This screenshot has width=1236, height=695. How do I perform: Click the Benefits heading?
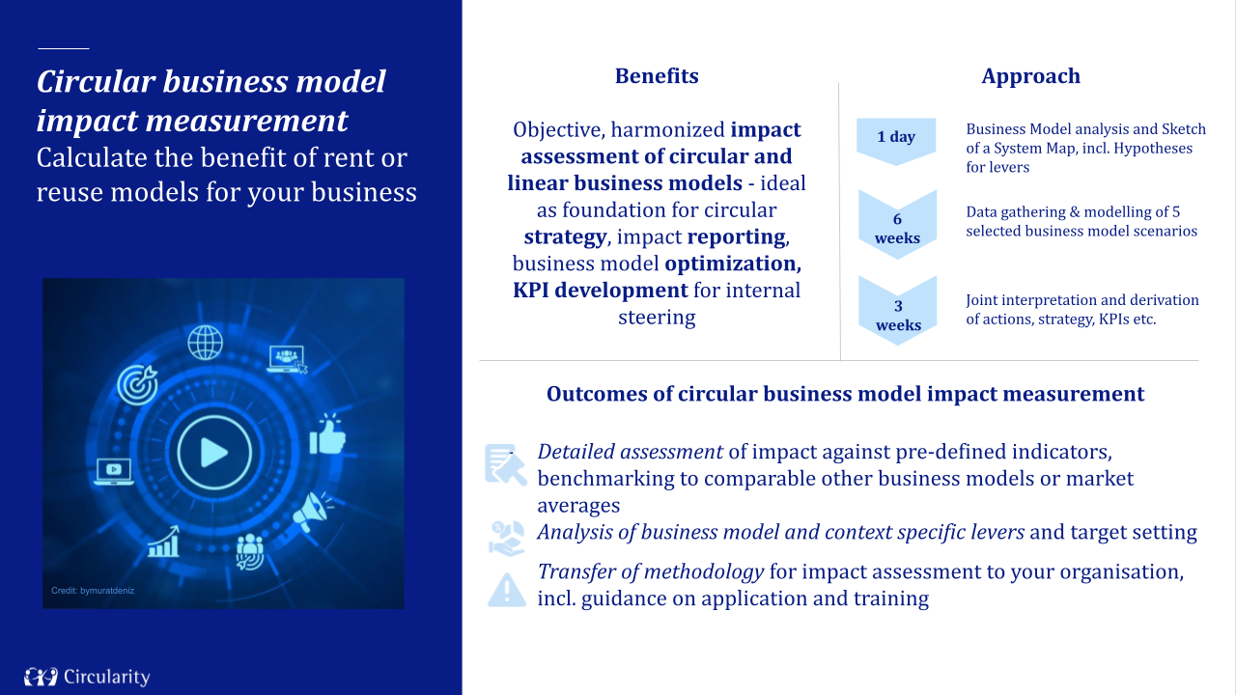coord(657,76)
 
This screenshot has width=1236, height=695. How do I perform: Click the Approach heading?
coord(1030,76)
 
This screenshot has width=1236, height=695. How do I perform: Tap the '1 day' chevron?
coord(896,138)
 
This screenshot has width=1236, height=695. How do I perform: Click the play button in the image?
coord(214,452)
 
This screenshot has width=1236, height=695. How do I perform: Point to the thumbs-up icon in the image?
coord(327,435)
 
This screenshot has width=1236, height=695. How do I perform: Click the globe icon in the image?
coord(206,342)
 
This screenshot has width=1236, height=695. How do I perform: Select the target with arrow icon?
coord(137,383)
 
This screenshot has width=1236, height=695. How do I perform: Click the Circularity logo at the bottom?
coord(87,677)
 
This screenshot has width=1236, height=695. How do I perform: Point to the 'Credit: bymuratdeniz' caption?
coord(93,590)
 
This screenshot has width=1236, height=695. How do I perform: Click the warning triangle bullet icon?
coord(506,589)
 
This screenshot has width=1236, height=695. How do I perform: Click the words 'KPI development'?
coord(601,291)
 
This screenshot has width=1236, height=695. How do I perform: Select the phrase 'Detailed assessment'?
coord(630,452)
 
